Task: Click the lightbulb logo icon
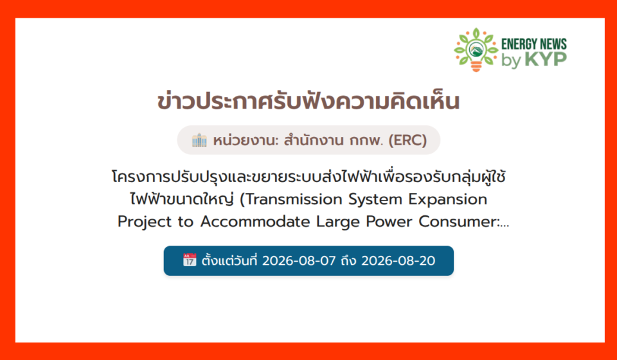pos(476,50)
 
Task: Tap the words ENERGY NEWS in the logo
pos(534,44)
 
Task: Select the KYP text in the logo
pos(546,59)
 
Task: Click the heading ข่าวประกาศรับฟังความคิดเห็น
pos(308,102)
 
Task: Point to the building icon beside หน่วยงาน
pos(199,140)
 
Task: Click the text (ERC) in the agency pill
pos(407,140)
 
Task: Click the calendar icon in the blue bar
pos(190,260)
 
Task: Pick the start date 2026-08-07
pos(299,261)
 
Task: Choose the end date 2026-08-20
pos(398,261)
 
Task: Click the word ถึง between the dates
pos(348,260)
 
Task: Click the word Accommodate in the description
pos(255,222)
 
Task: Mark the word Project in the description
pos(145,222)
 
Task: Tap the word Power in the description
pos(389,222)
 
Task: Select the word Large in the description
pos(338,222)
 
